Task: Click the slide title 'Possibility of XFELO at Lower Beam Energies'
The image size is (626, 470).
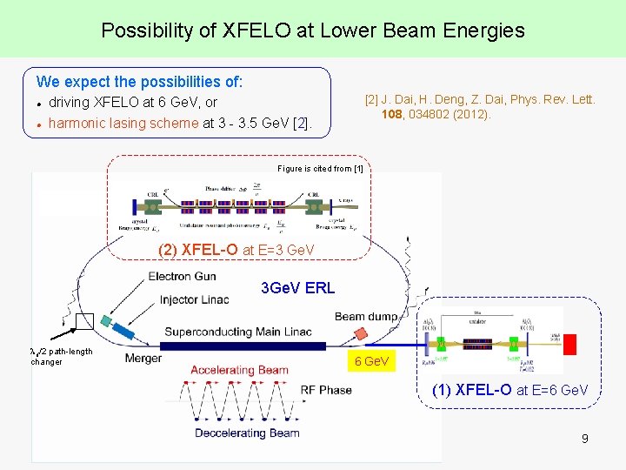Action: [x=313, y=30]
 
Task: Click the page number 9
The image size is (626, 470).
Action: [x=585, y=439]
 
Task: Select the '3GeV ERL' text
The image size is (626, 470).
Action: [x=297, y=288]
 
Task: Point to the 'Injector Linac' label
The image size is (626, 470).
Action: [x=194, y=299]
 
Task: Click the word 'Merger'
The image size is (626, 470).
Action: [x=143, y=358]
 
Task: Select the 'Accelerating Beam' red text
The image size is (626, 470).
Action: [x=239, y=370]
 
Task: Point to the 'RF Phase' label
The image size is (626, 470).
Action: [x=326, y=390]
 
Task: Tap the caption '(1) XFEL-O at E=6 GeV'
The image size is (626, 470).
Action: [x=509, y=390]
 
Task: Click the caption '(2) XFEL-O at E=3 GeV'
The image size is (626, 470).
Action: [x=236, y=250]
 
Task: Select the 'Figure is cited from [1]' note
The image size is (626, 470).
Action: [x=320, y=168]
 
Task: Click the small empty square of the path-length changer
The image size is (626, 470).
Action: [x=84, y=322]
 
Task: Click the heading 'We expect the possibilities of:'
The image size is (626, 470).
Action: [x=139, y=82]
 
